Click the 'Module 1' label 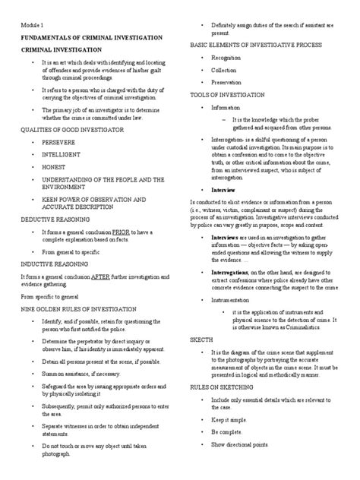point(33,25)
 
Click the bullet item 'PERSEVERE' point(62,142)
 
